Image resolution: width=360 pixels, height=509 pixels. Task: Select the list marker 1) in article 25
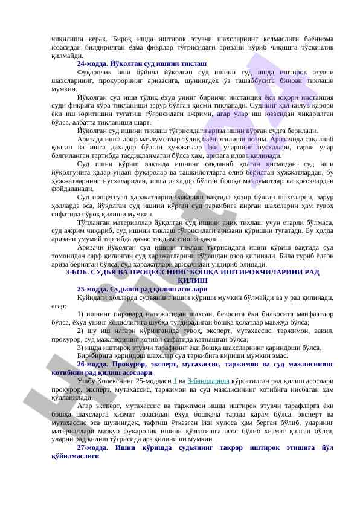82,314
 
